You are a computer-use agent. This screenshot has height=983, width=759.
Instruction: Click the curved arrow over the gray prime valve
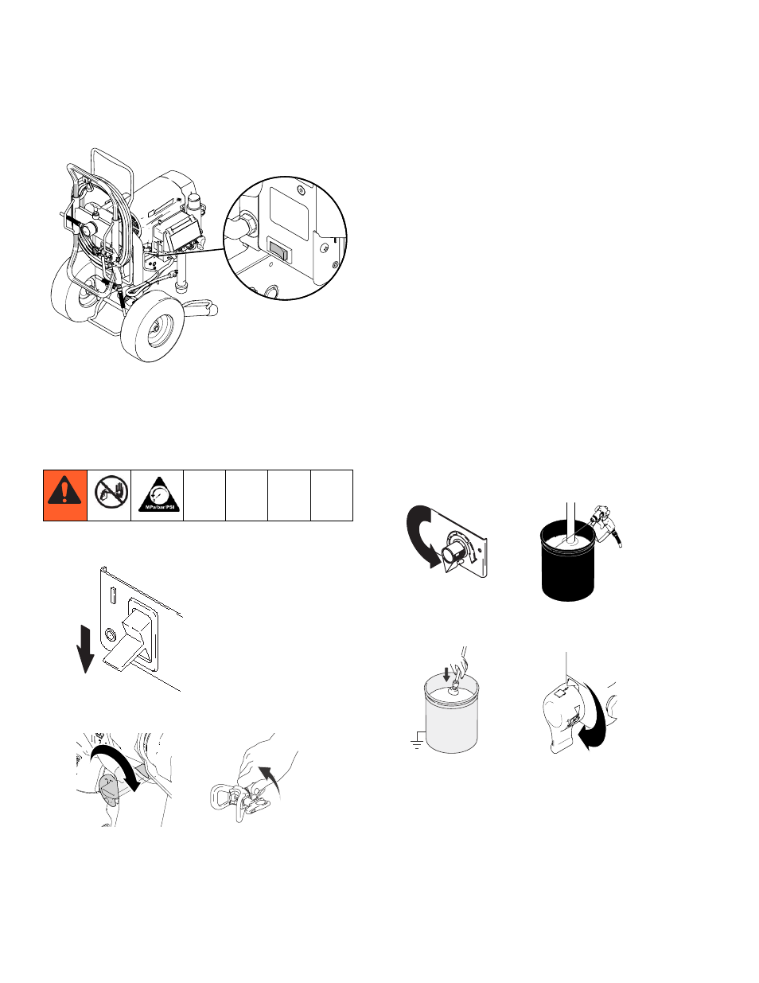[119, 764]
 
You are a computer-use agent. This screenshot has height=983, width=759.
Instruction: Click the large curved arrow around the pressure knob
[420, 536]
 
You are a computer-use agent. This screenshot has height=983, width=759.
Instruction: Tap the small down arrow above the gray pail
[446, 673]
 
